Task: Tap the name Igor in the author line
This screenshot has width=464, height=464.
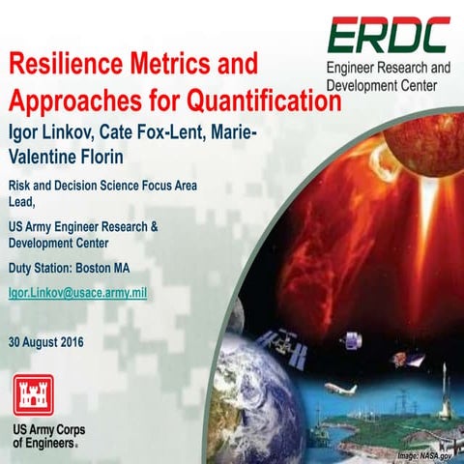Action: pyautogui.click(x=29, y=130)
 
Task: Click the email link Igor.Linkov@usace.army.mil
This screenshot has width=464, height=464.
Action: pyautogui.click(x=77, y=290)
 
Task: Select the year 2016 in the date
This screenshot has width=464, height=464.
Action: pyautogui.click(x=69, y=341)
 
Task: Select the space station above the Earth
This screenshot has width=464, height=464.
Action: pyautogui.click(x=289, y=339)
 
